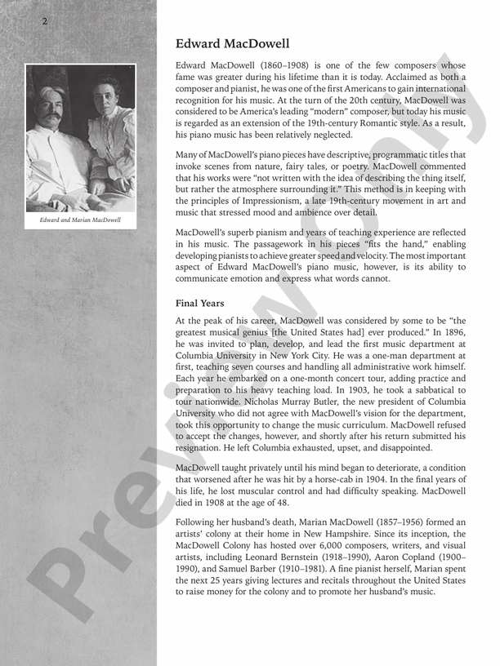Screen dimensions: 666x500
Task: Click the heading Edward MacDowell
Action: [233, 44]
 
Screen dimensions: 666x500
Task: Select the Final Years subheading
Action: [200, 304]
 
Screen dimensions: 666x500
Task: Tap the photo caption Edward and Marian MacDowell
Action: [81, 220]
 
